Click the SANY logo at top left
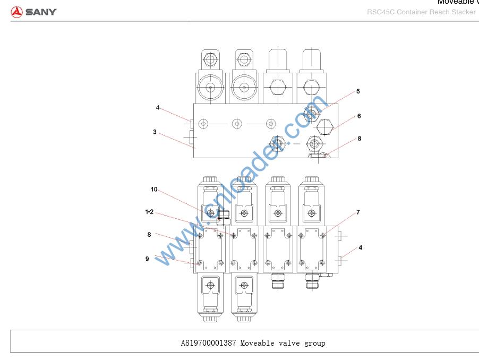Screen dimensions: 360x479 tap(33, 12)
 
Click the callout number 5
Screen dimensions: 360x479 tap(358, 91)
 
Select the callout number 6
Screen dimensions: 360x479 tap(359, 116)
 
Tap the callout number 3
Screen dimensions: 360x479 tap(155, 132)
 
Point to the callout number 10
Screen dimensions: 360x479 tap(154, 189)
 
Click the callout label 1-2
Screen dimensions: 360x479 tap(149, 211)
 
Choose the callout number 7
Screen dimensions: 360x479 tap(358, 212)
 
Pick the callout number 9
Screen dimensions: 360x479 tap(147, 259)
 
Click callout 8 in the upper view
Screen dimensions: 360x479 tap(359, 139)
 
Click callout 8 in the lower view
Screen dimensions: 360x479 tap(149, 234)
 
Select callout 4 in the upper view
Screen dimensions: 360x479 tap(158, 107)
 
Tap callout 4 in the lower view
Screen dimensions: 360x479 tap(360, 247)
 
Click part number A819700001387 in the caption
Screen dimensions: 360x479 tap(208, 343)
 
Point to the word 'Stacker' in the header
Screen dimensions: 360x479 tap(464, 12)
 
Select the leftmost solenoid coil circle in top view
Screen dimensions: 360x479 tap(211, 88)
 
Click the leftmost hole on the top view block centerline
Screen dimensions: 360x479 tap(203, 124)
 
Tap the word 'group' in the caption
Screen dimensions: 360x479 tap(315, 343)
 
